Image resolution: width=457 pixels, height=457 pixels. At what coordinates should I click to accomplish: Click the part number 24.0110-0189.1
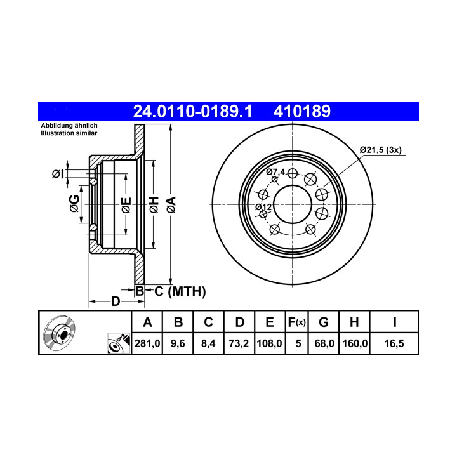tap(192, 112)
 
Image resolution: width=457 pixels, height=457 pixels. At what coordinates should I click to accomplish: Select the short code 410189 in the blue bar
tap(302, 112)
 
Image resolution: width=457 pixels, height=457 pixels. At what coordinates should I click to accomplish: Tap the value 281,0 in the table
tap(147, 343)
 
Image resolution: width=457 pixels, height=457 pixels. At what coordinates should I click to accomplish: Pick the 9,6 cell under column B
tap(178, 343)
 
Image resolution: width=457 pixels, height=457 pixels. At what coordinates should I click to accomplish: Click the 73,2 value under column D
tap(239, 343)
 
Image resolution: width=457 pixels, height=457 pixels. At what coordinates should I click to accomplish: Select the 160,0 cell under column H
tap(355, 343)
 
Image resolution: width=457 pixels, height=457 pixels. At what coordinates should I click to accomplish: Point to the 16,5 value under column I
tap(394, 343)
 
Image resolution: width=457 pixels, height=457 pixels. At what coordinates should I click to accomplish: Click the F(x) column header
tap(296, 322)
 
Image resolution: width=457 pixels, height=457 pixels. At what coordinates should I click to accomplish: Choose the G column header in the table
tap(324, 322)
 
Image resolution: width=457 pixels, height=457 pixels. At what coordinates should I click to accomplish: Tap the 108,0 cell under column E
tap(269, 343)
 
